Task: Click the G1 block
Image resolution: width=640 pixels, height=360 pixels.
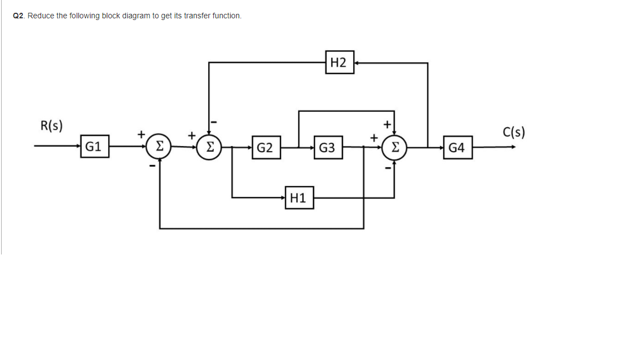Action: tap(93, 147)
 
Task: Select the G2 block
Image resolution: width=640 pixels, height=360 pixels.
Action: tap(265, 147)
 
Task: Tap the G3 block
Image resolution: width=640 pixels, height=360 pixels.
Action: tap(327, 147)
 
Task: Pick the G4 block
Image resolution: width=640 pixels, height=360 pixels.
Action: tap(457, 147)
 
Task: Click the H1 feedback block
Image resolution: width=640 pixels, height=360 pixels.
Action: tap(299, 198)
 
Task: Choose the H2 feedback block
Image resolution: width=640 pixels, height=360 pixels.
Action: tap(339, 63)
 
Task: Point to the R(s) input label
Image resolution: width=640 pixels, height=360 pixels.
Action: tap(52, 125)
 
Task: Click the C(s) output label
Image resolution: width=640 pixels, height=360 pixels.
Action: tap(514, 132)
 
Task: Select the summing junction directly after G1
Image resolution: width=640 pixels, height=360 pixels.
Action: tap(159, 147)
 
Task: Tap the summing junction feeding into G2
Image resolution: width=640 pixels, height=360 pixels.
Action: tap(209, 147)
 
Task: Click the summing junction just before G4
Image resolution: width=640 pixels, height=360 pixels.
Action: tap(394, 147)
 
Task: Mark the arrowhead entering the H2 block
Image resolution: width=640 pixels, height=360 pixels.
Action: tap(357, 63)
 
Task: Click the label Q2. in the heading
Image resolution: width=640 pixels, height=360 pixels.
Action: tap(19, 16)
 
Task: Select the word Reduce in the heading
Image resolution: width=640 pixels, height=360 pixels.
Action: tap(41, 16)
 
